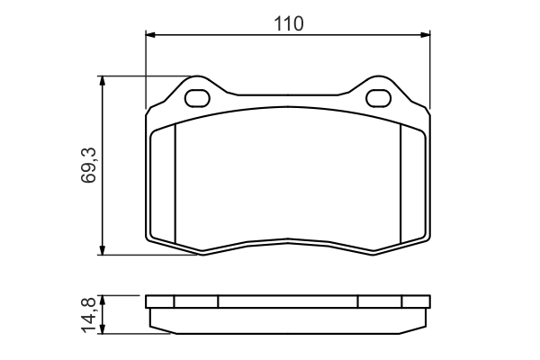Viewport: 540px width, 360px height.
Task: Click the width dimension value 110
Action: click(x=288, y=24)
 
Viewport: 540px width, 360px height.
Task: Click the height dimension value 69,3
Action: click(x=88, y=166)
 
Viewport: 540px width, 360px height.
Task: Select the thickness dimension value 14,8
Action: click(x=88, y=314)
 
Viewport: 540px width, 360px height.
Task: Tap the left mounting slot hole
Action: click(x=197, y=96)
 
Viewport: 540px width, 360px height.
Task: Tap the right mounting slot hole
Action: click(x=378, y=96)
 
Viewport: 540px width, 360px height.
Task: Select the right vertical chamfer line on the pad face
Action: click(x=400, y=184)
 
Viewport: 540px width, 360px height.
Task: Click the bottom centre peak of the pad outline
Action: click(x=288, y=239)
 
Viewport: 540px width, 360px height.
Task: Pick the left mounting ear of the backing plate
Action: click(x=196, y=90)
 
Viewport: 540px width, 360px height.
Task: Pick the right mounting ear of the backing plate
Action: click(x=379, y=90)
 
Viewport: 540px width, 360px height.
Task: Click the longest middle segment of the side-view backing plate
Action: click(x=288, y=302)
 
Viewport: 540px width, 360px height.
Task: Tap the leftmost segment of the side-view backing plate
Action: click(x=158, y=302)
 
